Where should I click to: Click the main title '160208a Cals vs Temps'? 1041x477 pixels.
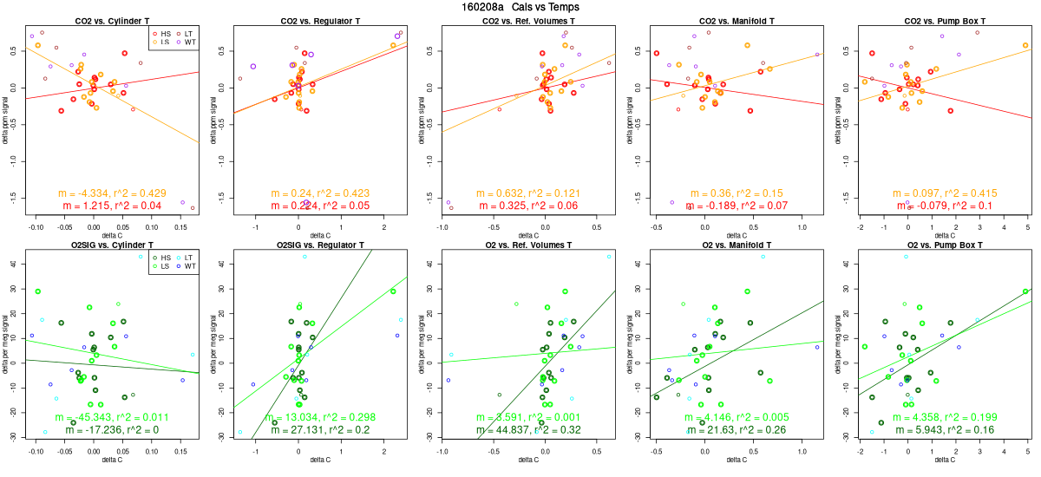tap(520, 7)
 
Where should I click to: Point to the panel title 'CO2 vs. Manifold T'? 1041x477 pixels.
tap(736, 20)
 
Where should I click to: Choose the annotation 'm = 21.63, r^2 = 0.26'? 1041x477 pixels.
tap(736, 430)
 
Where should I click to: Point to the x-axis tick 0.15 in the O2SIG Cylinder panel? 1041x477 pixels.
tap(182, 451)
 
